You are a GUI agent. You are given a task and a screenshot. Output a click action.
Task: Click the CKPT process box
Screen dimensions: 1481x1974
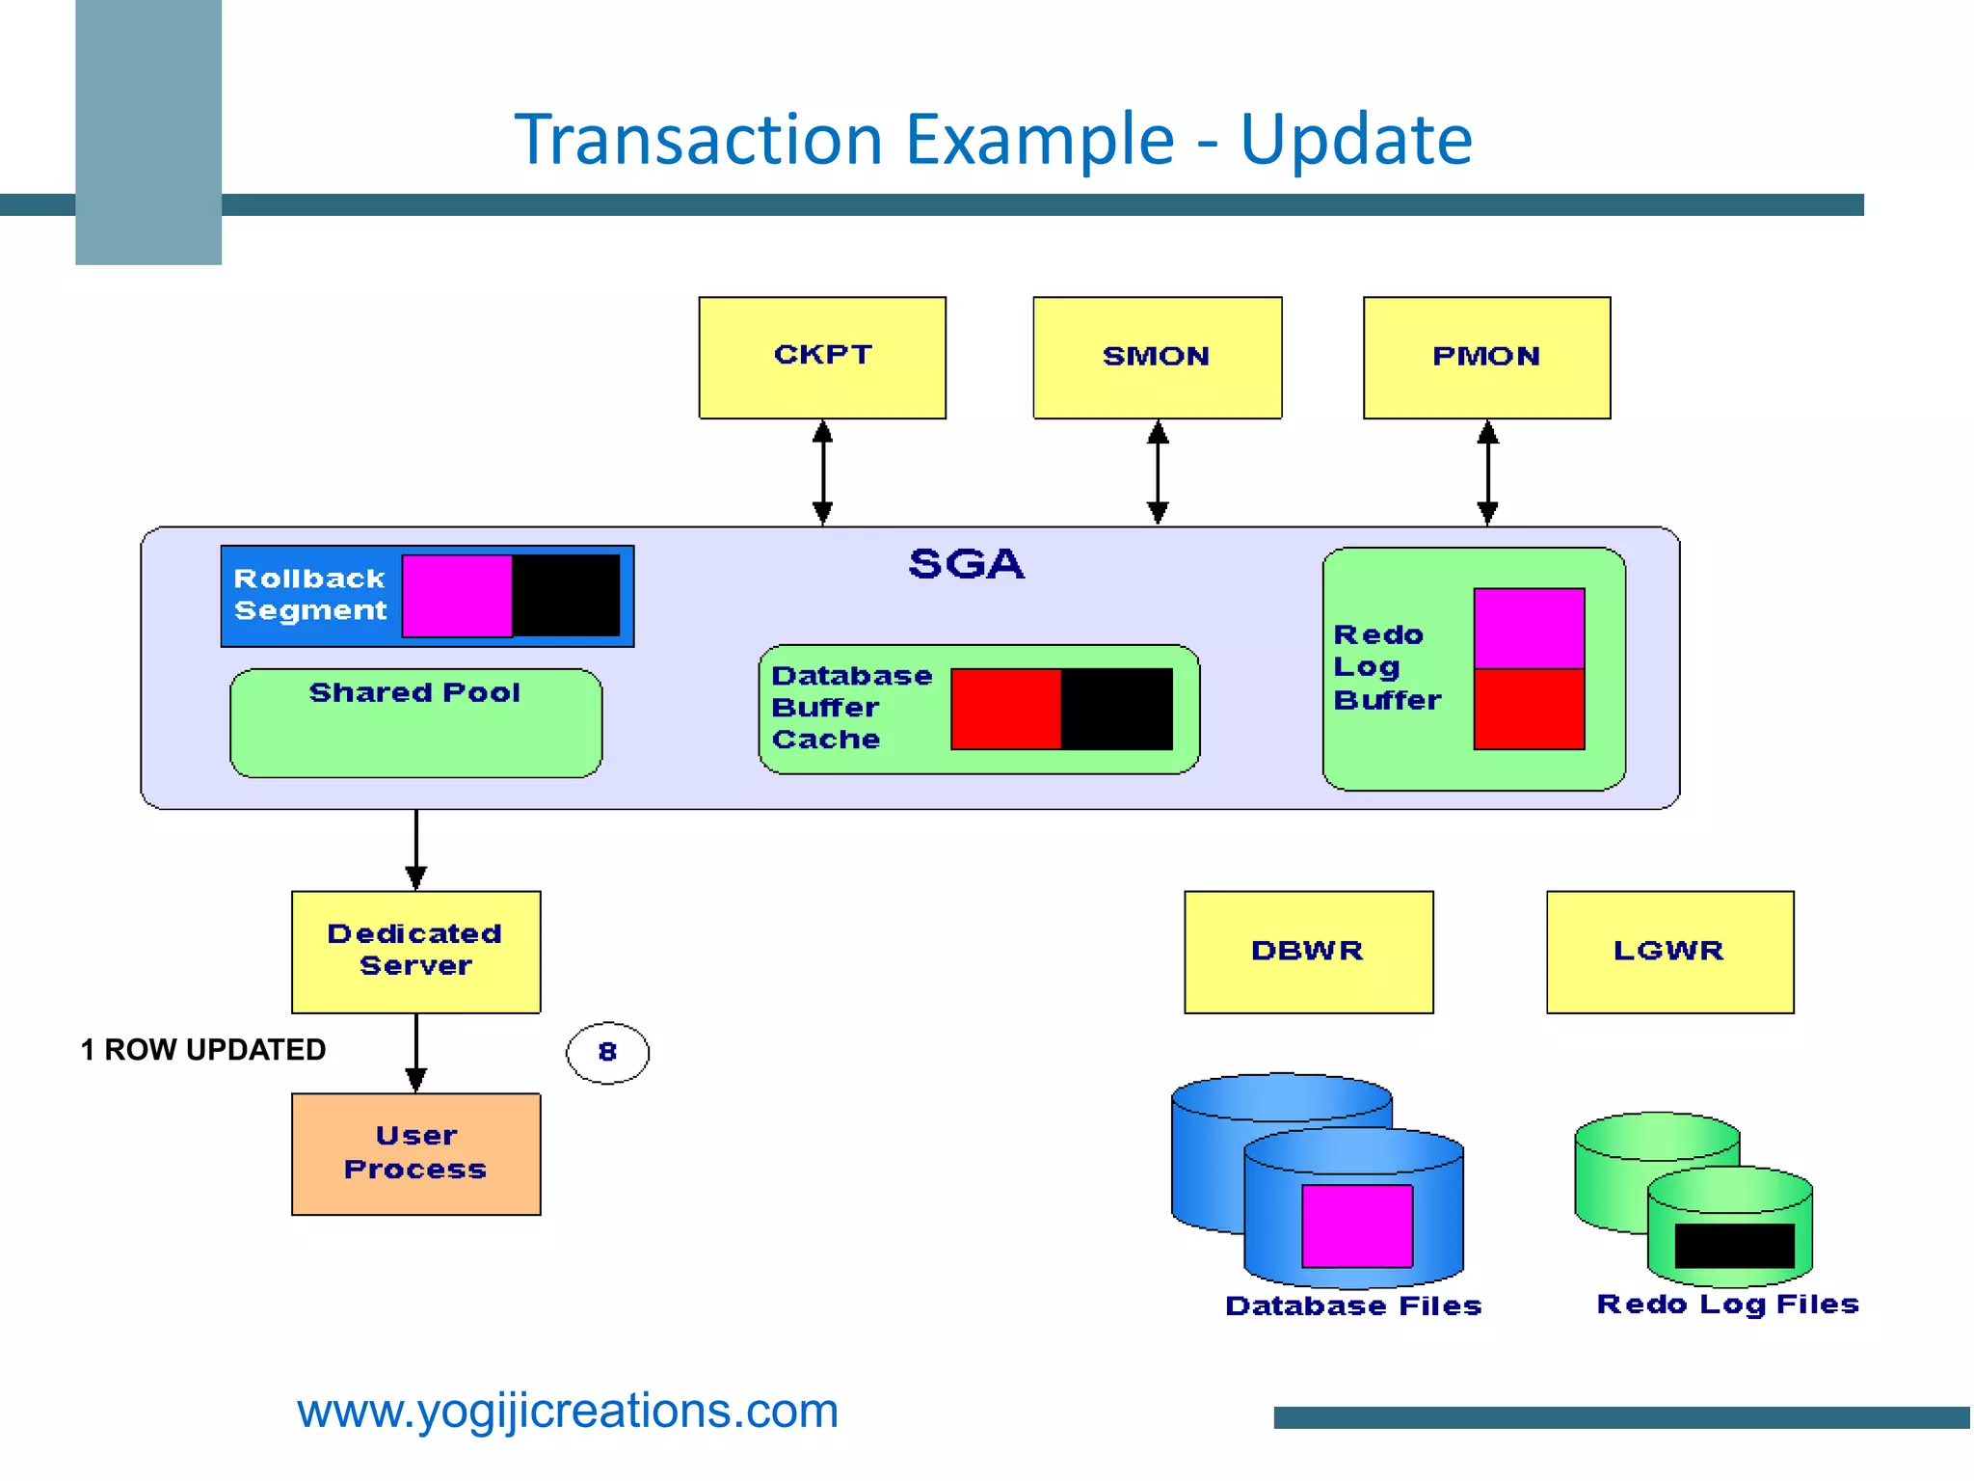click(822, 357)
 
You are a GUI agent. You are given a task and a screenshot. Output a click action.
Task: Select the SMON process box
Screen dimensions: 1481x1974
click(1157, 357)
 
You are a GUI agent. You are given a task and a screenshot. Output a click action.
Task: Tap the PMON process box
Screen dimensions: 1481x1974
click(1486, 357)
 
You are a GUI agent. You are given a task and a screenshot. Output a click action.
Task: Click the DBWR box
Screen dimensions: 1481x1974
click(1308, 952)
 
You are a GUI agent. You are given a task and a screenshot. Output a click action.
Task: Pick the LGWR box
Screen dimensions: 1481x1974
click(1669, 952)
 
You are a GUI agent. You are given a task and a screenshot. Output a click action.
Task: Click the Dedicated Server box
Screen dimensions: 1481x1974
click(415, 951)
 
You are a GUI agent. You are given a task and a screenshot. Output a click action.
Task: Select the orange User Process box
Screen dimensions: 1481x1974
click(415, 1153)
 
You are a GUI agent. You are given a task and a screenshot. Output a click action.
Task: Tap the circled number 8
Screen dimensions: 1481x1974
click(607, 1052)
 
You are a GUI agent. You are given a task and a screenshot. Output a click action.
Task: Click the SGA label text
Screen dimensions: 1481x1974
click(966, 564)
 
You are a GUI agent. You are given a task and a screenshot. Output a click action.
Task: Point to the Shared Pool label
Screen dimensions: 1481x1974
click(414, 692)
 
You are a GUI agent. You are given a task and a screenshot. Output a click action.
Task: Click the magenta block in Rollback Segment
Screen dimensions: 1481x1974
click(456, 595)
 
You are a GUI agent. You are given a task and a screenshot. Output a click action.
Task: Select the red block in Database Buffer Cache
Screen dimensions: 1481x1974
click(1005, 709)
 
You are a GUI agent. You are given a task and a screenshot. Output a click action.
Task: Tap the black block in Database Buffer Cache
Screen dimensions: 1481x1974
click(1116, 709)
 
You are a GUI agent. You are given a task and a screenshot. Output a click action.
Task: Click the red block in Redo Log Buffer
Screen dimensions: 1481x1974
click(1529, 709)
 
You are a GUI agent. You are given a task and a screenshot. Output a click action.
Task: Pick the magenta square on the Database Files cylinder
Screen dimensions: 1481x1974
click(1356, 1225)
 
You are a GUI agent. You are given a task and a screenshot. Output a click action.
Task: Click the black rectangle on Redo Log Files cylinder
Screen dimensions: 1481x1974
click(1734, 1245)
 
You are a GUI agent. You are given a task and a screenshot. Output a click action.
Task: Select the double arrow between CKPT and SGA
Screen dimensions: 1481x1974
click(822, 472)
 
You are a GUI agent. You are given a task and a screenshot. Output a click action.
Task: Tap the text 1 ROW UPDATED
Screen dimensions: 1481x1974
click(203, 1049)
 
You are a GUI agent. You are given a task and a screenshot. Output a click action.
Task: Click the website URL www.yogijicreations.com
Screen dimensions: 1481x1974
click(568, 1411)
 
